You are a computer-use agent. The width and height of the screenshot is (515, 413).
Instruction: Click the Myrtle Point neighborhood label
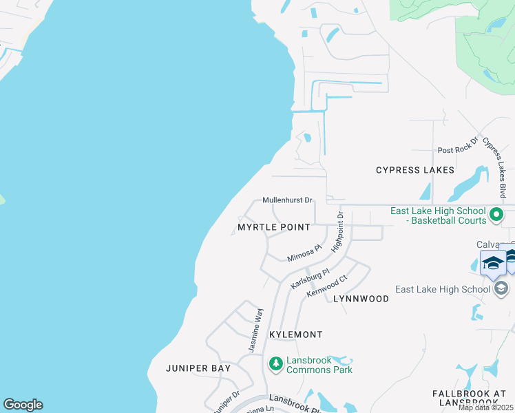click(x=273, y=227)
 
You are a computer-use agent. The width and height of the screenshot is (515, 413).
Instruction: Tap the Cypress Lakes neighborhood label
click(x=415, y=170)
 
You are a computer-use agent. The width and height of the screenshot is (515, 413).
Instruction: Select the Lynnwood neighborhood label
click(x=361, y=299)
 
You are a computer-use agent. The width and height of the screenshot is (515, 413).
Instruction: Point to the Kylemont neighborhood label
click(x=295, y=335)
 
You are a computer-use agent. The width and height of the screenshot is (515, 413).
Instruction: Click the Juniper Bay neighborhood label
click(x=198, y=368)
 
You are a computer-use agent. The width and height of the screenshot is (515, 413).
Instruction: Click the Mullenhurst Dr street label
click(x=287, y=200)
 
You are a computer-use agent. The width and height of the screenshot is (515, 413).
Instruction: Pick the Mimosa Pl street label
click(x=304, y=253)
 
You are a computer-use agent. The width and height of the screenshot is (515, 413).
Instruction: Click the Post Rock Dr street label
click(x=458, y=150)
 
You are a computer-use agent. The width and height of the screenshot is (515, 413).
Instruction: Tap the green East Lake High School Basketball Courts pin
click(x=496, y=216)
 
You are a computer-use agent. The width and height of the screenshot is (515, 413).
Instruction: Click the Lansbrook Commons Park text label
click(x=319, y=365)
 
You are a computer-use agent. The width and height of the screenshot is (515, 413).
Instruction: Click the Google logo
click(x=23, y=405)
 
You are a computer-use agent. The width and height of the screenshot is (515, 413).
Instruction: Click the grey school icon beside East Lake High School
click(x=501, y=288)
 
